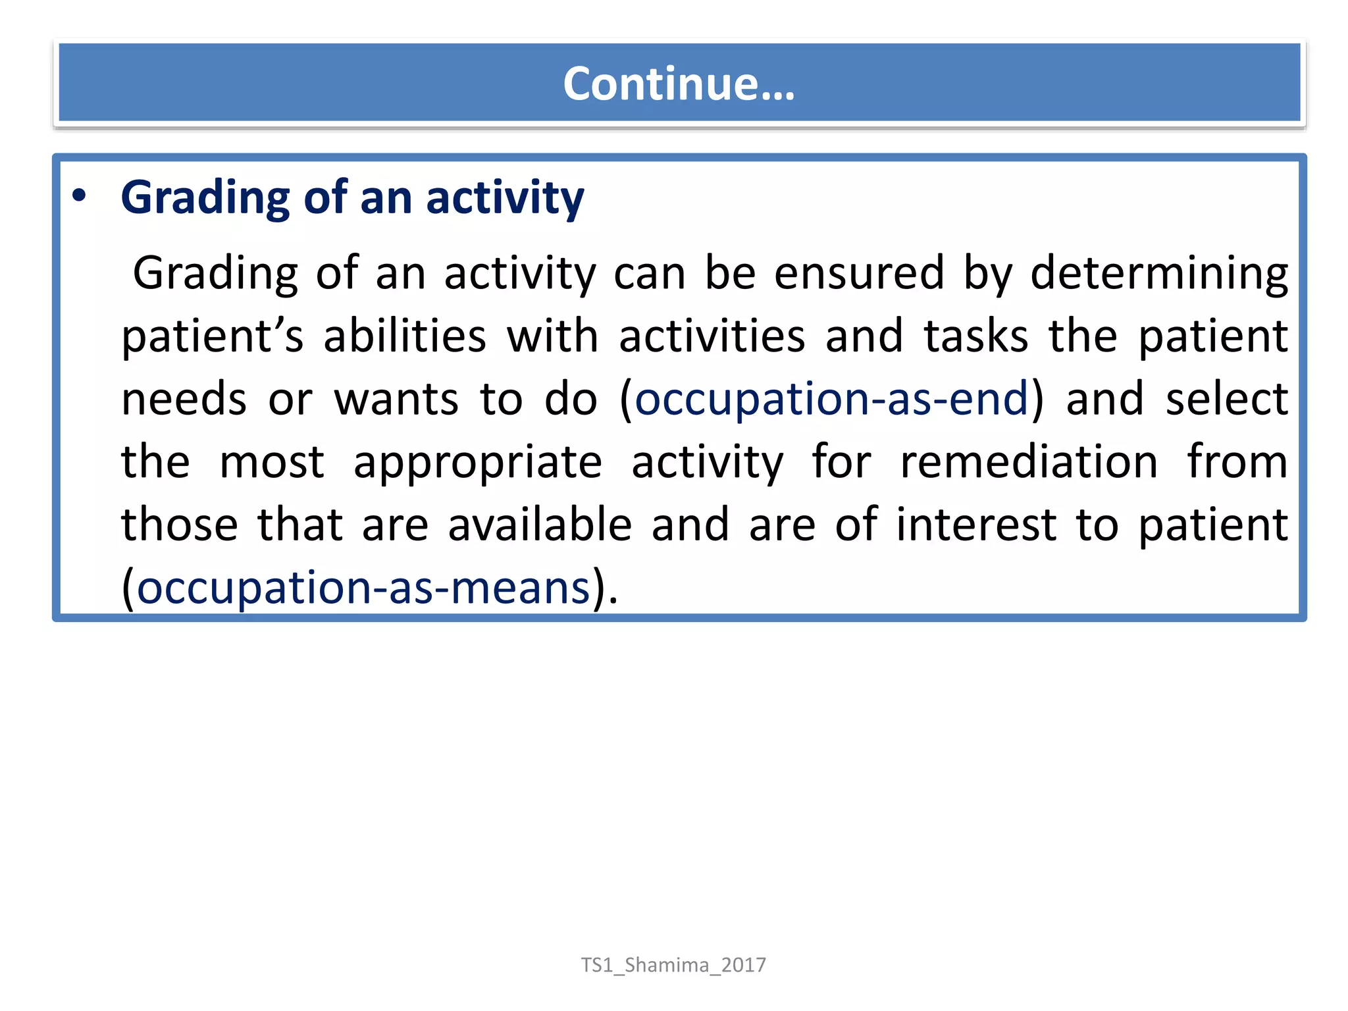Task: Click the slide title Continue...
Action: click(679, 84)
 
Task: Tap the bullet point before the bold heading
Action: click(79, 196)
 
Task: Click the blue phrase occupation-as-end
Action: click(831, 399)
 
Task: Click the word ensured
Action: click(859, 272)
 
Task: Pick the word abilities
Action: click(405, 336)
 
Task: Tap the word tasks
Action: click(976, 336)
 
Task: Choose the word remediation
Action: click(1029, 461)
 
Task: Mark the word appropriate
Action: click(478, 463)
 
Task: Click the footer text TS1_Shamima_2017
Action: click(673, 965)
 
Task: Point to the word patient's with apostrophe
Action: click(213, 336)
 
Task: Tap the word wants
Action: click(396, 399)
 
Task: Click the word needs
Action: click(184, 399)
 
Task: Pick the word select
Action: click(1226, 399)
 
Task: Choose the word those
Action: click(180, 525)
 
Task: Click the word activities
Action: click(712, 336)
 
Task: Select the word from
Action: click(1237, 461)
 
